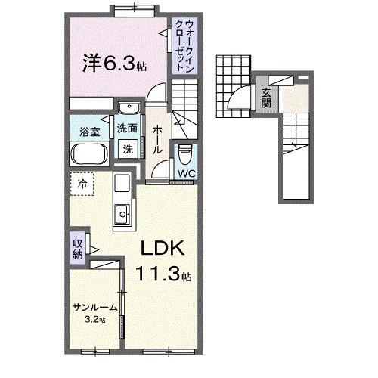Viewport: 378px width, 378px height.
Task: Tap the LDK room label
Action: coord(160,251)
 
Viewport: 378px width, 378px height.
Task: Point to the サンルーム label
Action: coord(94,307)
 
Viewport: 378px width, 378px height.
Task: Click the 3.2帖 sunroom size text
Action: coord(94,319)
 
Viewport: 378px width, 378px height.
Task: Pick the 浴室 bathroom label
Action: coord(90,132)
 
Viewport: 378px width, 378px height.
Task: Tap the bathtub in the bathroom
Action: coord(90,155)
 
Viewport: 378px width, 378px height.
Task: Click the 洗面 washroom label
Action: coord(127,129)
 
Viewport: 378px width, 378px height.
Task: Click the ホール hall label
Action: coord(157,140)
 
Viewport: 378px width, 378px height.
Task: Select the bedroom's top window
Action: coord(135,9)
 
